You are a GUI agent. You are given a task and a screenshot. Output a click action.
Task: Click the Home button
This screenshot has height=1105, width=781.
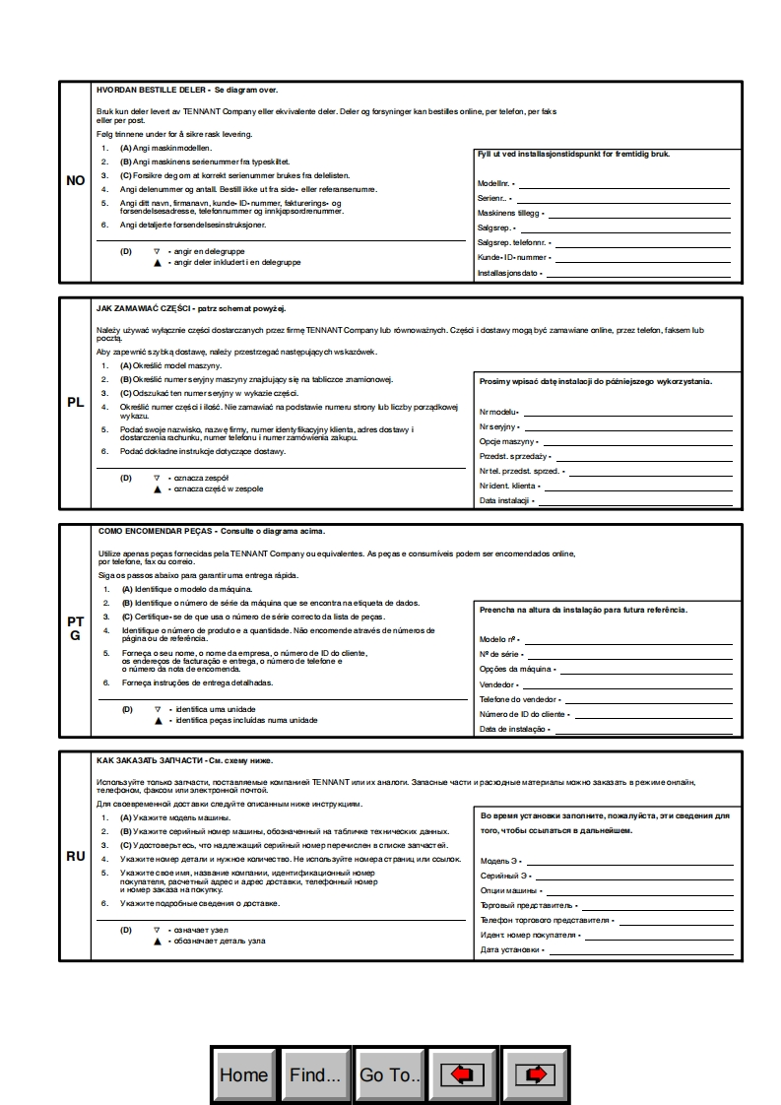[x=244, y=1074]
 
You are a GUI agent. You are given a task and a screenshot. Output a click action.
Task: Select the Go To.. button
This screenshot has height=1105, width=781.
[x=390, y=1074]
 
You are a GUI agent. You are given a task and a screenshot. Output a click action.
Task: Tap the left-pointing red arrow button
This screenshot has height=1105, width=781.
[x=462, y=1074]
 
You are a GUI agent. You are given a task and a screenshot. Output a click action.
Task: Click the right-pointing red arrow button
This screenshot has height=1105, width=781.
[x=535, y=1074]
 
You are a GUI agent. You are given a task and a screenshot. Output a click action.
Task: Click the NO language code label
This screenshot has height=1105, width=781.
[x=76, y=181]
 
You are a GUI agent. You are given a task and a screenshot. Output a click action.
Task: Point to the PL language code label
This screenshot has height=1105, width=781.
[x=76, y=402]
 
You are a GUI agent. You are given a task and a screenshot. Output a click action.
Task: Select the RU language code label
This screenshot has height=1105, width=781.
[x=76, y=856]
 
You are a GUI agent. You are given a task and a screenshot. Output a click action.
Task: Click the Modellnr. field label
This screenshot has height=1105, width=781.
[x=496, y=183]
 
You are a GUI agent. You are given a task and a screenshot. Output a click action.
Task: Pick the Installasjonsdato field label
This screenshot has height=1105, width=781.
[x=508, y=273]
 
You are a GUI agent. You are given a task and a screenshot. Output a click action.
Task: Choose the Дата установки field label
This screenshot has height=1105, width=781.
[x=510, y=950]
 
